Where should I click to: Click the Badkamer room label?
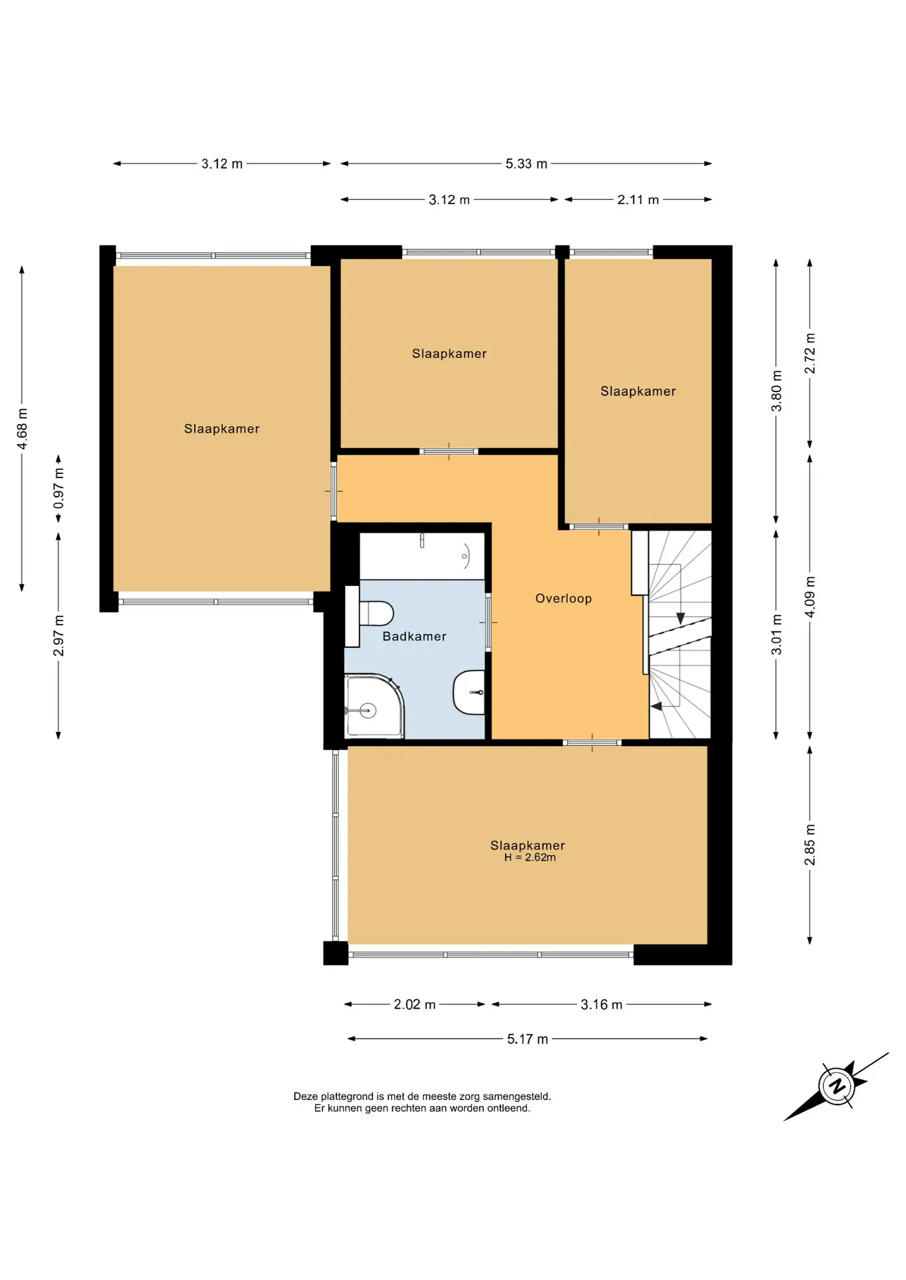[x=414, y=637]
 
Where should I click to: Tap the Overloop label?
[x=564, y=599]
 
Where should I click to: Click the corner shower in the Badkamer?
[x=374, y=706]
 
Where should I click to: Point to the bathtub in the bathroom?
[x=422, y=556]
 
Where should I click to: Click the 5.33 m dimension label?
[x=526, y=164]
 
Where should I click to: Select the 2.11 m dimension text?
[x=638, y=200]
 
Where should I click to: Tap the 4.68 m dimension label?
[x=22, y=429]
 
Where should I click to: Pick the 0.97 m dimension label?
[x=59, y=488]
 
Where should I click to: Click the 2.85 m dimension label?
[x=810, y=845]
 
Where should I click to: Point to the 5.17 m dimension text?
[x=528, y=1039]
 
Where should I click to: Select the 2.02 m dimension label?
[x=414, y=1005]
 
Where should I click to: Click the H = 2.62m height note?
[x=530, y=858]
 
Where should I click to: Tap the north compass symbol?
[x=837, y=1086]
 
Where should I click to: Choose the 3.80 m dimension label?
[x=777, y=391]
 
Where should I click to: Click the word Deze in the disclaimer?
[x=306, y=1096]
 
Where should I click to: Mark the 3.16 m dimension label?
[x=601, y=1005]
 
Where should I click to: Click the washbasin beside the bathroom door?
[x=470, y=693]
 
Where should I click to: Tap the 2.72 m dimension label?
[x=810, y=353]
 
